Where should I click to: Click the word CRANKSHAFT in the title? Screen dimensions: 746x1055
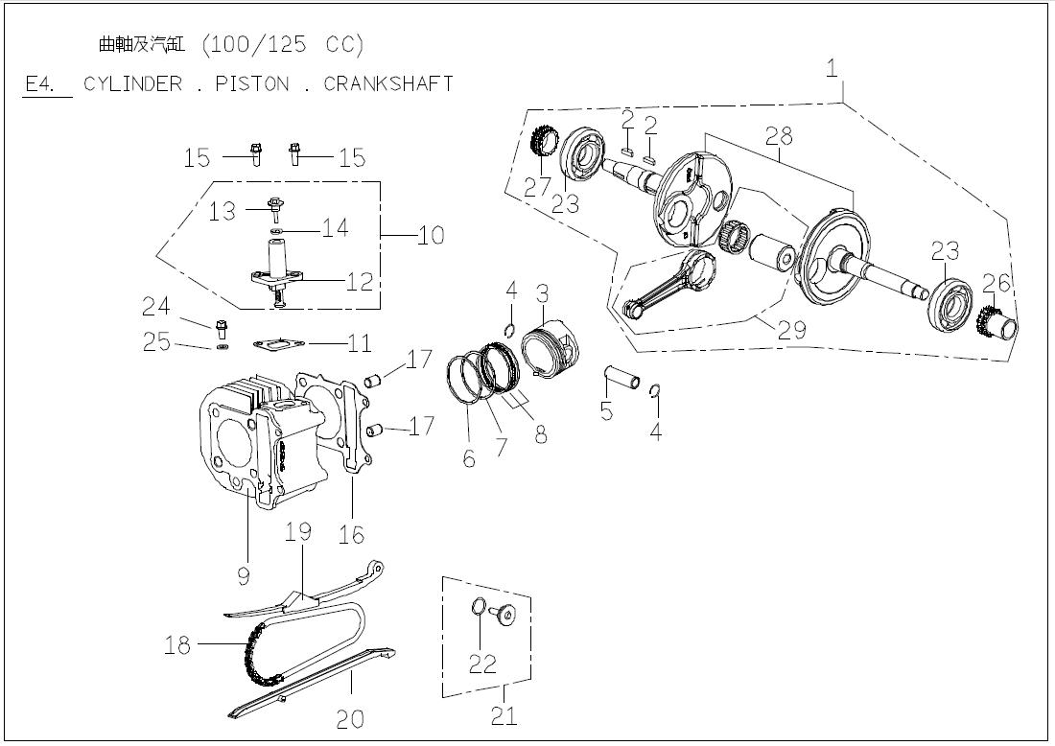pyautogui.click(x=387, y=83)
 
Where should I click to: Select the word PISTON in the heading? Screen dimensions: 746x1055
pyautogui.click(x=251, y=83)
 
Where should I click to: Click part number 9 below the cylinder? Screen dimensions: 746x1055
pyautogui.click(x=244, y=574)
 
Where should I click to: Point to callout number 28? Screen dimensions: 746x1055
pyautogui.click(x=779, y=135)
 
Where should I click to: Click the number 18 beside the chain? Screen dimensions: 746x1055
pyautogui.click(x=177, y=645)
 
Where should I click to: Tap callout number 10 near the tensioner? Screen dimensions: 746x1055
pyautogui.click(x=431, y=235)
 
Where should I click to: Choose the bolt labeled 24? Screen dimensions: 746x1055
pyautogui.click(x=222, y=327)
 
